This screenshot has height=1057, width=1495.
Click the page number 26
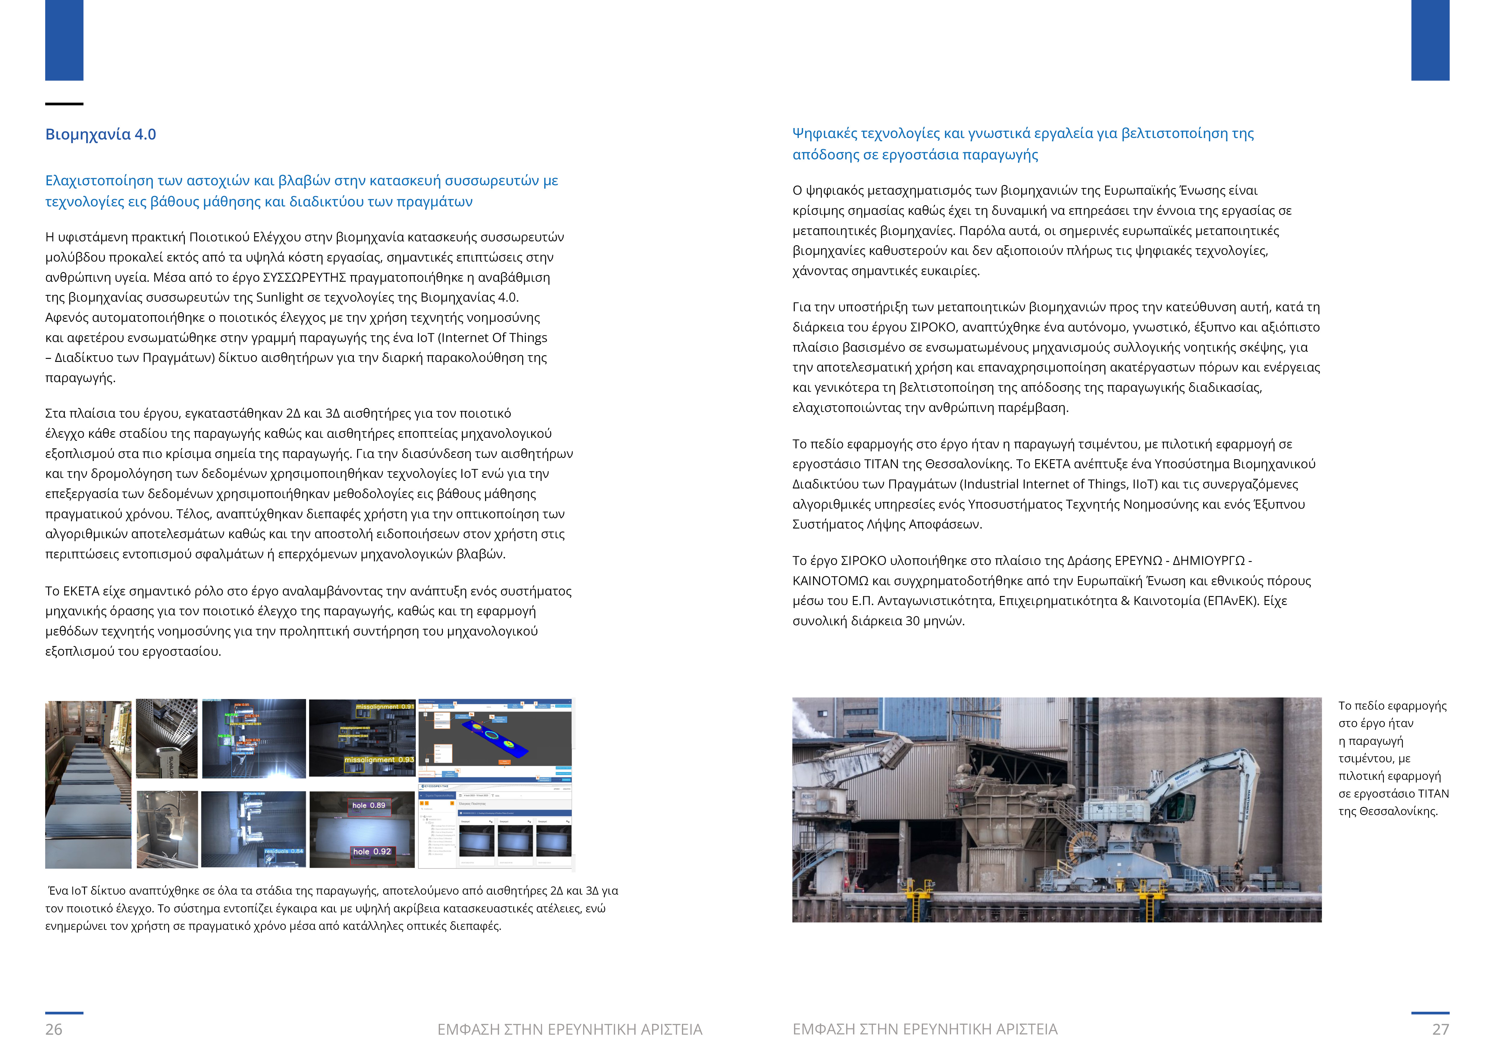coord(53,1029)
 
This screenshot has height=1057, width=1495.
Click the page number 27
coord(1440,1029)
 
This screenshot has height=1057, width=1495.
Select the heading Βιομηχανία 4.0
coord(100,135)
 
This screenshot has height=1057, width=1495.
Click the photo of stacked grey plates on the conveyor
coord(88,784)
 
